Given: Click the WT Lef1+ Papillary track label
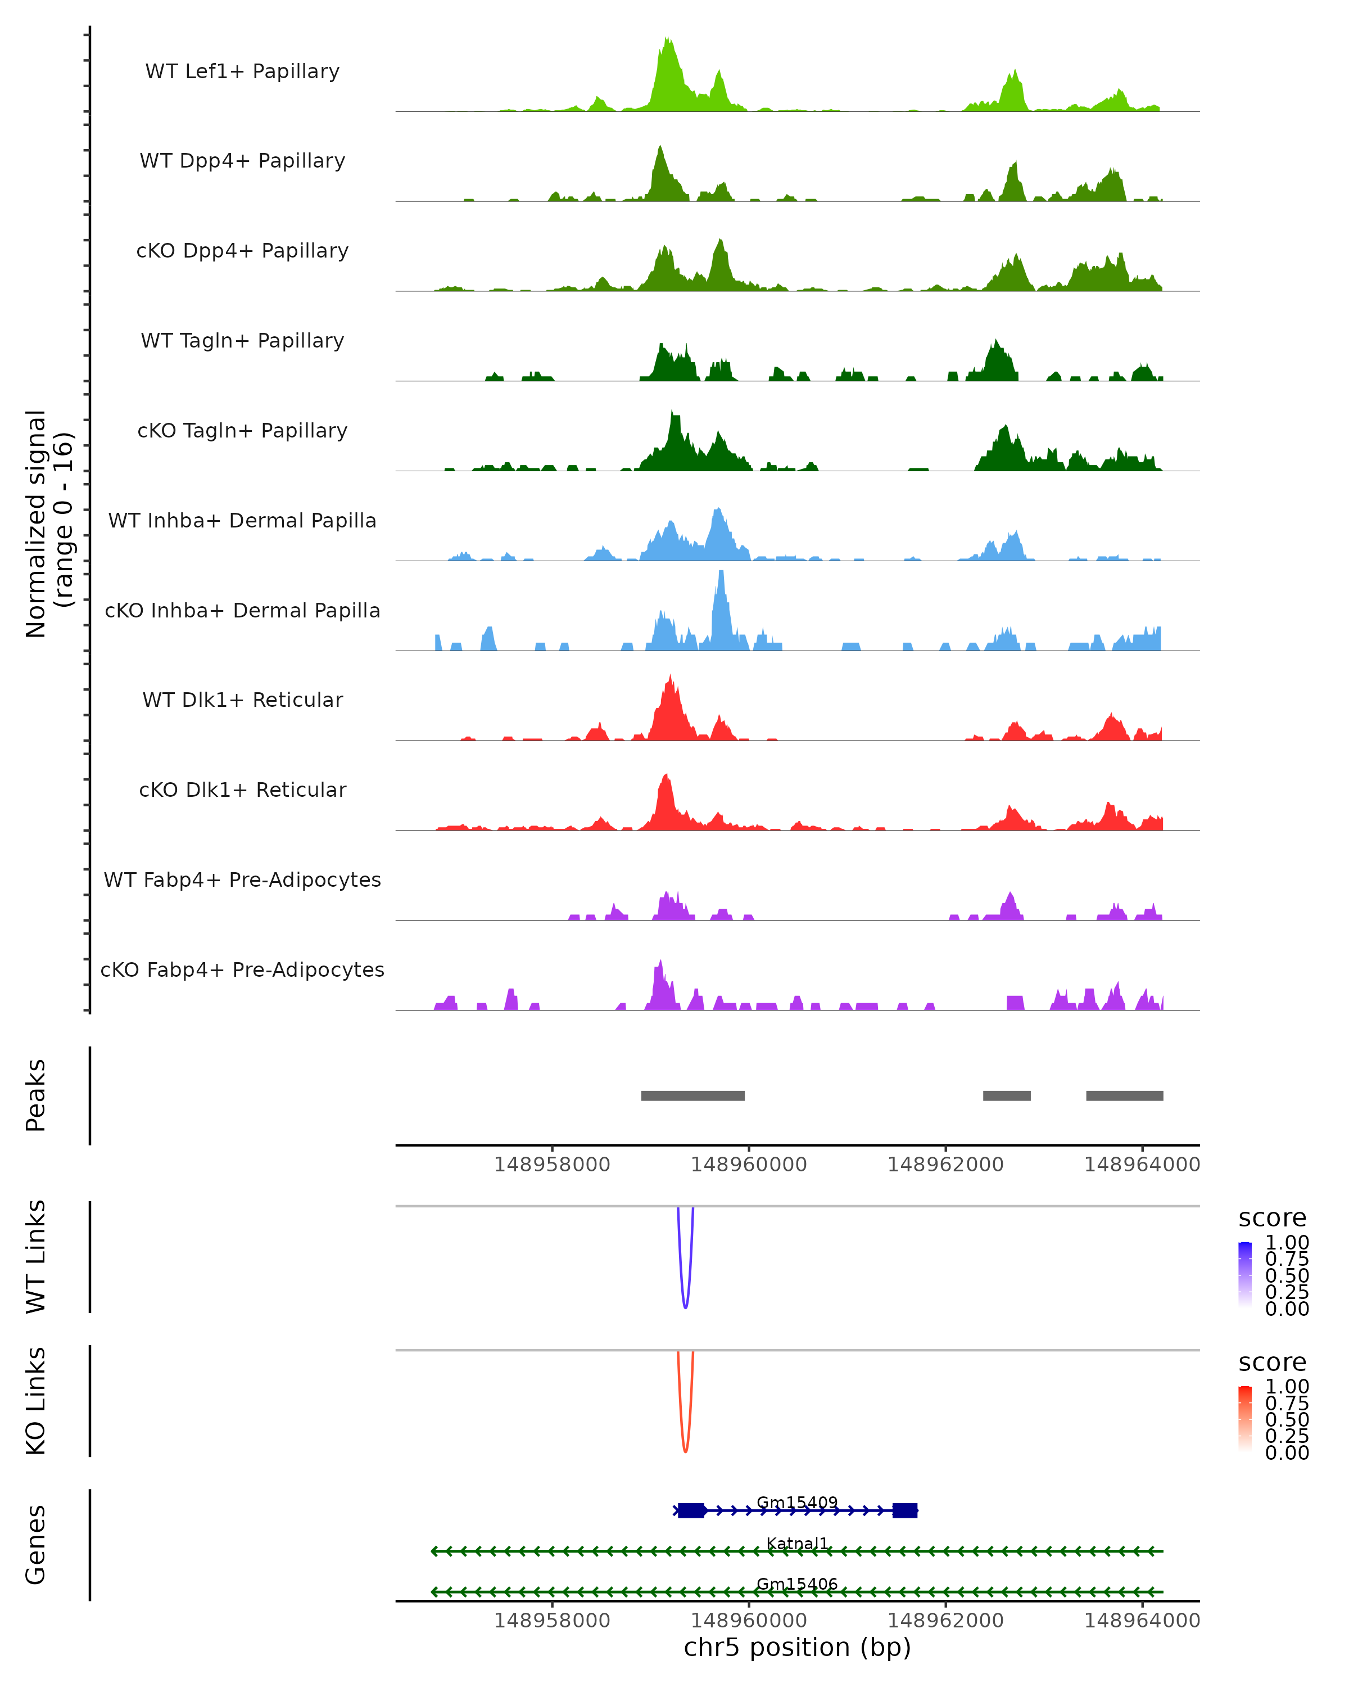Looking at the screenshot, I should [x=242, y=71].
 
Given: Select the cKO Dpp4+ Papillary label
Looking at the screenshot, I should [x=242, y=251].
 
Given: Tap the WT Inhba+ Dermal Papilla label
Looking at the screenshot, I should [x=242, y=521].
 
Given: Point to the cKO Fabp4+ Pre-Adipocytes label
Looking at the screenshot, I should [x=242, y=970].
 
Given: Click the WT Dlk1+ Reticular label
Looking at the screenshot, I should [x=242, y=700].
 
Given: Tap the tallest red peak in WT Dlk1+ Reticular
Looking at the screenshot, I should [x=670, y=678].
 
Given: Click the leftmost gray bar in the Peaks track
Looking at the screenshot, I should [x=693, y=1095].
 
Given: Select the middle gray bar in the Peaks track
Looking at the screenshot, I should [x=1007, y=1095].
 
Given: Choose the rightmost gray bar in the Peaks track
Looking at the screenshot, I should [x=1125, y=1095].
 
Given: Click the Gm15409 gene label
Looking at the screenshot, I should [x=797, y=1503].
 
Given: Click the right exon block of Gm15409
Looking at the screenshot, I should [x=905, y=1510].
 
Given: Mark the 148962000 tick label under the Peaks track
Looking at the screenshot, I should [x=945, y=1165].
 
